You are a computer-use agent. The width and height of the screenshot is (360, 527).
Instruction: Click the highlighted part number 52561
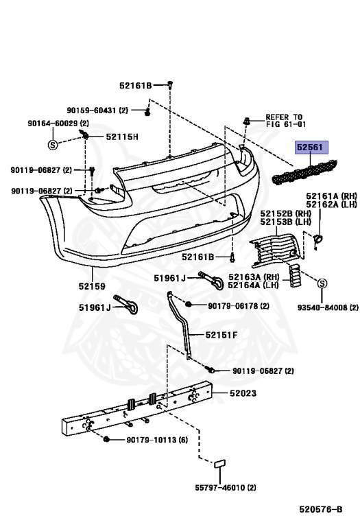(x=310, y=147)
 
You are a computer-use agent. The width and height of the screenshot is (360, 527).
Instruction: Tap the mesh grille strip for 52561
(x=304, y=172)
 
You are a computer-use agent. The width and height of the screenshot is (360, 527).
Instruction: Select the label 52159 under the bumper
(x=92, y=286)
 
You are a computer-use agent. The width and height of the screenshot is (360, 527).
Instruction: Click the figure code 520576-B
(x=321, y=509)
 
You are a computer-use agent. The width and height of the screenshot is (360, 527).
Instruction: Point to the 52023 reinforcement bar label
(x=243, y=393)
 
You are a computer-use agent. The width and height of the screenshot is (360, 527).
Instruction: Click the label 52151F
(x=221, y=335)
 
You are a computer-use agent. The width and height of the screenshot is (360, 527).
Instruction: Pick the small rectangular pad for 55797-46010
(x=220, y=464)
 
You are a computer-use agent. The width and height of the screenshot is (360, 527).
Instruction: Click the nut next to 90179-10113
(x=107, y=439)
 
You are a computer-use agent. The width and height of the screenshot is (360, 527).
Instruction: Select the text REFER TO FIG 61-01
(x=286, y=120)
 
